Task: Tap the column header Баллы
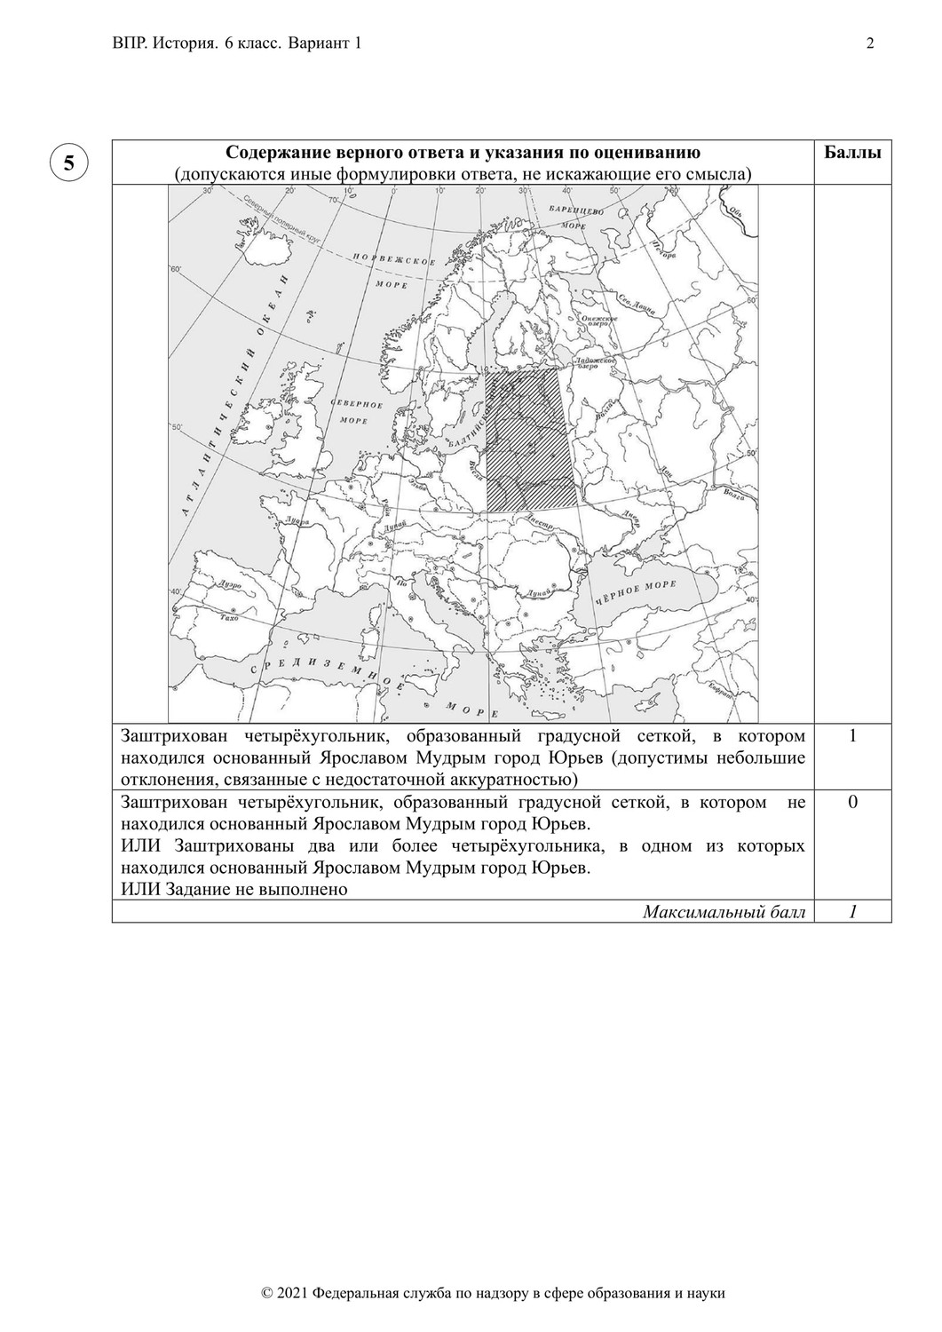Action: click(x=852, y=152)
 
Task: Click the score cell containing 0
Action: click(x=852, y=803)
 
